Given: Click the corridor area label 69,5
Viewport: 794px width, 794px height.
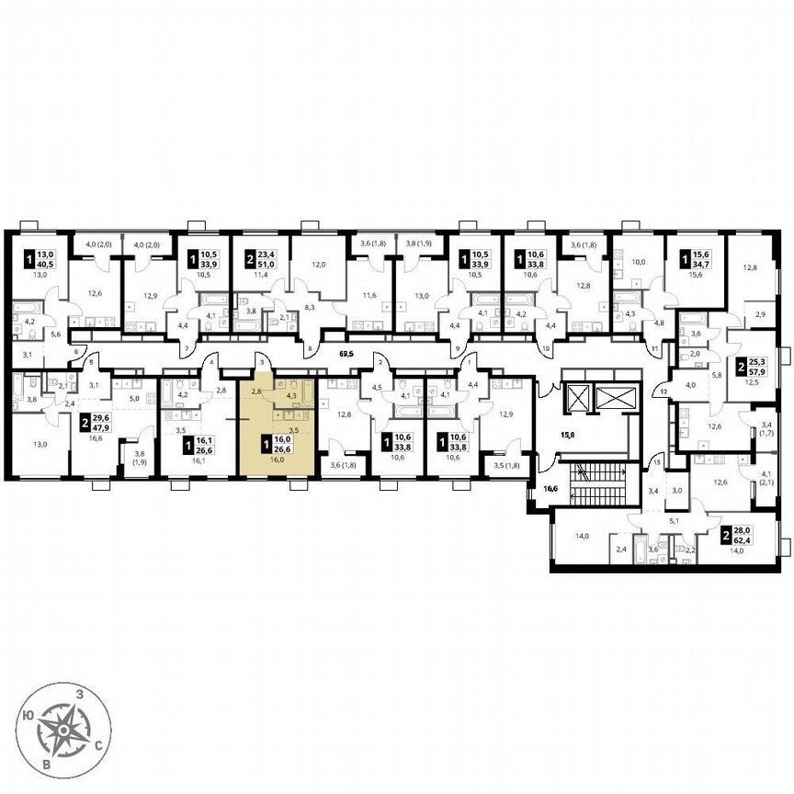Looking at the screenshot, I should click(346, 353).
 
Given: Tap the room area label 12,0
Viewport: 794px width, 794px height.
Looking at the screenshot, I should click(318, 265).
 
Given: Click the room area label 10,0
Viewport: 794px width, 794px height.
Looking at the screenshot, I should click(640, 262).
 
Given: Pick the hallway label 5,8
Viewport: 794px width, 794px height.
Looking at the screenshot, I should click(716, 374).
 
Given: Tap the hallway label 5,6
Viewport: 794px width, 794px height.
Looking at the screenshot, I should click(55, 335).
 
